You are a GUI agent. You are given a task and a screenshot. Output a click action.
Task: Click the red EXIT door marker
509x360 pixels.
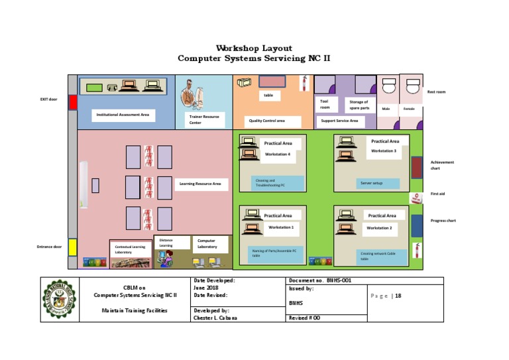(x=73, y=101)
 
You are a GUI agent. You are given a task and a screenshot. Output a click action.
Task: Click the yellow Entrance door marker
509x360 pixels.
(x=73, y=247)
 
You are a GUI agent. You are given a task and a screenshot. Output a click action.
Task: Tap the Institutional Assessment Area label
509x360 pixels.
(x=123, y=115)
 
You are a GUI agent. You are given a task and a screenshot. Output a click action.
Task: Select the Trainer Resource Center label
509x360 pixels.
(x=203, y=119)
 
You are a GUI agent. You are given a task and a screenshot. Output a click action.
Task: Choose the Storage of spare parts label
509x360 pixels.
(x=360, y=105)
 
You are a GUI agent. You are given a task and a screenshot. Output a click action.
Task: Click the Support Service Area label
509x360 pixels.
(x=339, y=121)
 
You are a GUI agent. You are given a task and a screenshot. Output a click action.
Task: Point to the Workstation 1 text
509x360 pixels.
(x=281, y=227)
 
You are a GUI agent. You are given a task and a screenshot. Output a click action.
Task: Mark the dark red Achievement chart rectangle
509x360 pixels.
(x=416, y=167)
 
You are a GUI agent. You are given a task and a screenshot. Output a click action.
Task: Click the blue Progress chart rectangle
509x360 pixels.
(x=416, y=225)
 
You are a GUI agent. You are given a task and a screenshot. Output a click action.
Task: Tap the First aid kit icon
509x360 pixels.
(x=416, y=198)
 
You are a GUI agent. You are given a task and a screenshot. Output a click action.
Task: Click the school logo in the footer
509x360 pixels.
(x=59, y=300)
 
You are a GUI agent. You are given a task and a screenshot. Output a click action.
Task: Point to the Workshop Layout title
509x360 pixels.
(x=254, y=48)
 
